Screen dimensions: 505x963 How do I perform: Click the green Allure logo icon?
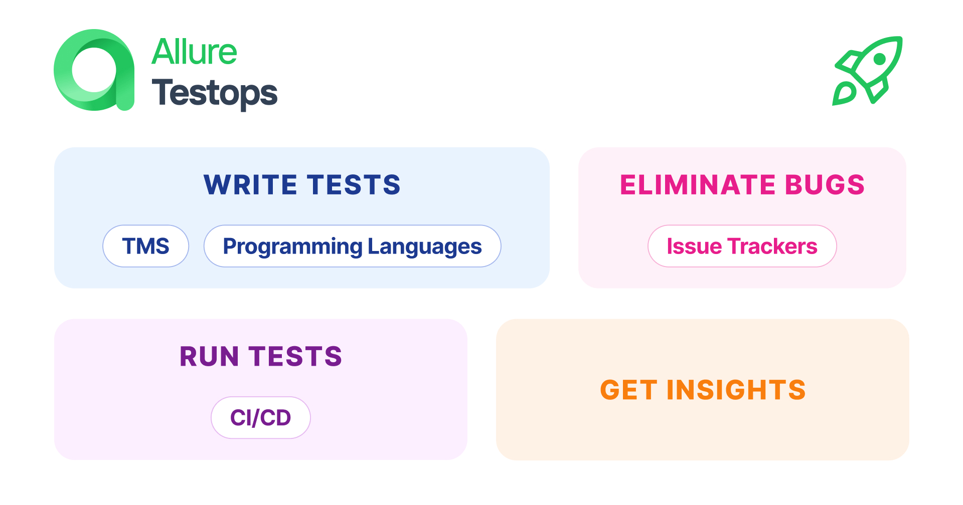(94, 70)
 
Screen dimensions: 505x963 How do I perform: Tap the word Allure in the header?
(194, 52)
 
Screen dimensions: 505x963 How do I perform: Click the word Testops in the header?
(214, 93)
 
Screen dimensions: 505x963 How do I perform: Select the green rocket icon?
(868, 70)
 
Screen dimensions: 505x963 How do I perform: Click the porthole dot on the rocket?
(879, 59)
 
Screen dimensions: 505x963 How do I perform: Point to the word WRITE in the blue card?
(250, 185)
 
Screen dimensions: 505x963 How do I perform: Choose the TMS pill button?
(145, 246)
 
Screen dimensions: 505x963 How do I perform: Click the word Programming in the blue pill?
(292, 246)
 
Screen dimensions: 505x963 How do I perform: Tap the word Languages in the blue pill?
(424, 246)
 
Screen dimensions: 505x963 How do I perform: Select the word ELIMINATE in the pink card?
(698, 185)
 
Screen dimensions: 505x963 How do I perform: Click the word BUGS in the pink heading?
(825, 185)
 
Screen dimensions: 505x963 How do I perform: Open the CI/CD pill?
(260, 418)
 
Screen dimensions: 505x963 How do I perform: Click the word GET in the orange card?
(628, 390)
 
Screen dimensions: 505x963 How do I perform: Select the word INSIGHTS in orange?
(736, 390)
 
